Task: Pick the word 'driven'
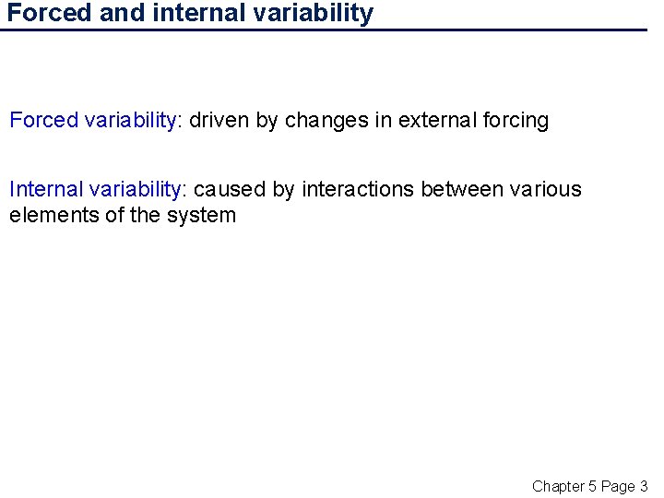click(219, 120)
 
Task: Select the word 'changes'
click(325, 120)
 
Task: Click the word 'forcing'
click(516, 120)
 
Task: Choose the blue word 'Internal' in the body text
click(46, 189)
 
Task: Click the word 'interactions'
click(358, 189)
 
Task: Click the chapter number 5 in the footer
click(593, 486)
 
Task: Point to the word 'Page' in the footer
click(618, 486)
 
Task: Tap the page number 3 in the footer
click(644, 486)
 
